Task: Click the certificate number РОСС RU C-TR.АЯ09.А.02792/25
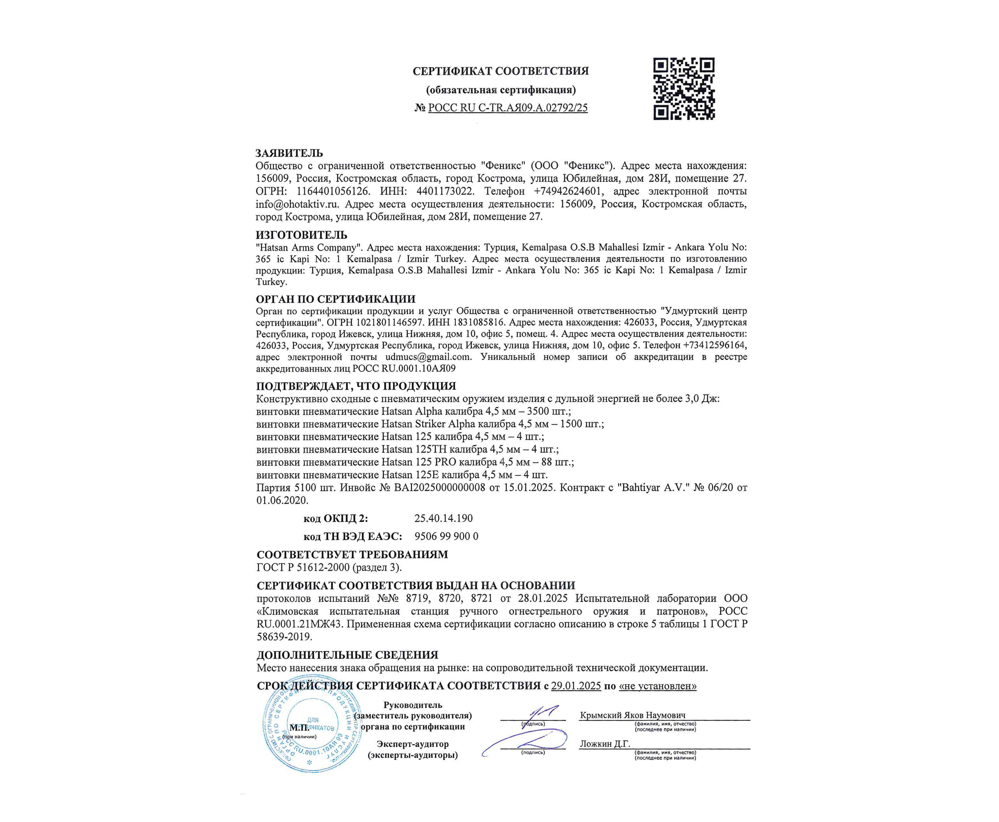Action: coord(507,108)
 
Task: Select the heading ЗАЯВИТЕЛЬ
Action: coord(289,153)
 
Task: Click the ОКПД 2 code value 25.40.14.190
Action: coord(443,518)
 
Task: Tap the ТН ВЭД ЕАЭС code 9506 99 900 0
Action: coord(446,536)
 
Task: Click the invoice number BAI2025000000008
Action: coord(439,487)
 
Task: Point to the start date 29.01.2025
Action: coord(576,686)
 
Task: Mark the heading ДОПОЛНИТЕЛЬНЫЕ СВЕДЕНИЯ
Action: coord(347,655)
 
